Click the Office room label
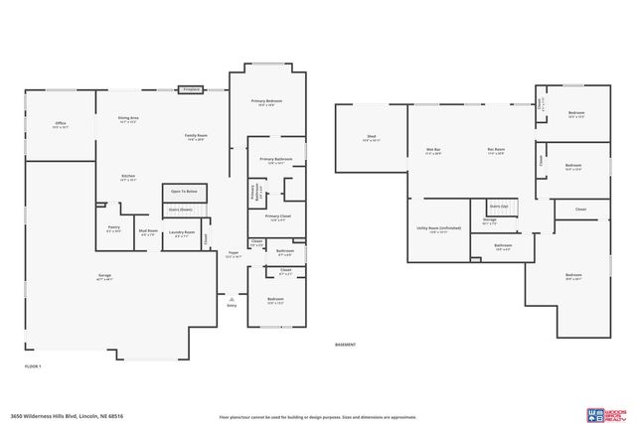[60, 124]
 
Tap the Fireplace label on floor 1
[192, 89]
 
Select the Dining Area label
[128, 119]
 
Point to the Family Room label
[195, 136]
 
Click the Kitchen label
[128, 180]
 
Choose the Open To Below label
[184, 191]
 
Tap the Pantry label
[114, 228]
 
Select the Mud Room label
[148, 232]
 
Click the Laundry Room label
[184, 233]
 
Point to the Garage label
[104, 278]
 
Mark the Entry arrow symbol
[232, 299]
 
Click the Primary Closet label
[277, 217]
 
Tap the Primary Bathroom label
[275, 160]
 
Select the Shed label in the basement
[371, 138]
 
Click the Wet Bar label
[433, 151]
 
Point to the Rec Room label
[495, 151]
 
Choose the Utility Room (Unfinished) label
[438, 229]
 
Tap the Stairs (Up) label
[498, 206]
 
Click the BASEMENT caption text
[345, 345]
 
